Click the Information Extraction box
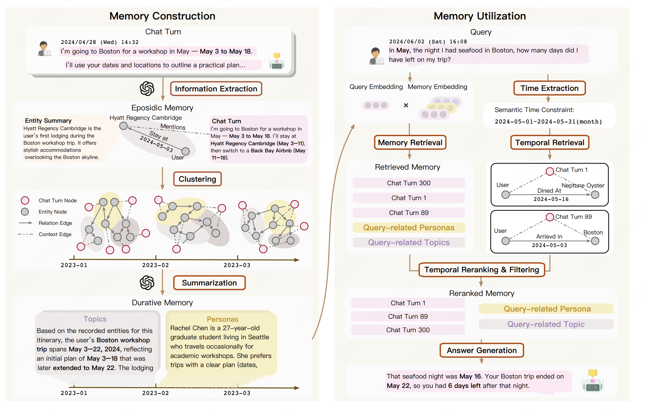216,89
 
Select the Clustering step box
197,179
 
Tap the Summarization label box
209,283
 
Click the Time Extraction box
549,88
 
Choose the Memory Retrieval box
410,142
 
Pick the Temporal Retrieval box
550,142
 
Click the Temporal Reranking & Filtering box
482,270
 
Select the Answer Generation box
482,350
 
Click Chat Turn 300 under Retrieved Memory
409,183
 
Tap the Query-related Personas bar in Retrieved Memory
409,228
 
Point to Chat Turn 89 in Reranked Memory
408,316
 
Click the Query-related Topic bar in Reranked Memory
546,324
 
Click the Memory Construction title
162,16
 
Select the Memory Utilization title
480,16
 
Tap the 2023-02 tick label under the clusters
155,265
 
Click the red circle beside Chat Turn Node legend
25,200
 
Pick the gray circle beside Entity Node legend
25,212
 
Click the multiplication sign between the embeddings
406,105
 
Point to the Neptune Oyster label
583,186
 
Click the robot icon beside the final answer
592,381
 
